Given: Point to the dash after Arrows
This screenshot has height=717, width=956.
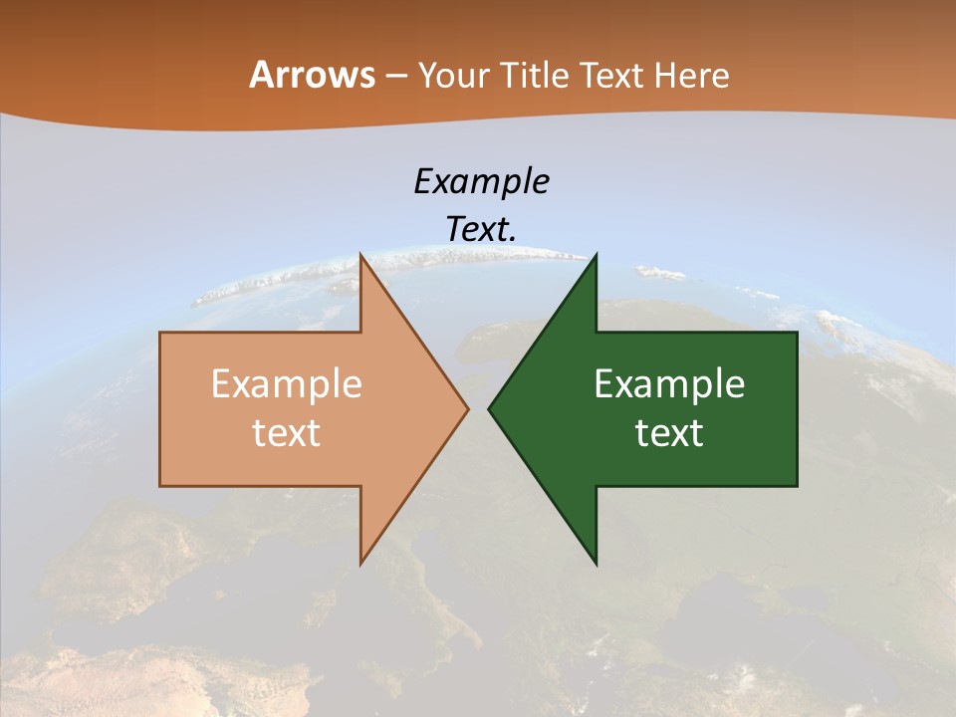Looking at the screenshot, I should coord(395,77).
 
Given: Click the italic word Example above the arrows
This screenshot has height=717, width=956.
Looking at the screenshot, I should coord(481,181).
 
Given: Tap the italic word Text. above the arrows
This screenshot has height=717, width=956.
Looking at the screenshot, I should coord(481,229).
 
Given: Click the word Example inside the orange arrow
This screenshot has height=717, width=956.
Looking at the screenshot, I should coord(286,384).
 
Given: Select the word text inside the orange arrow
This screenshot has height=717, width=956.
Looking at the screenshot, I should coord(286,433).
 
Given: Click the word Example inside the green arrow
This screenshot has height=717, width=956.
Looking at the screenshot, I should coord(669,384).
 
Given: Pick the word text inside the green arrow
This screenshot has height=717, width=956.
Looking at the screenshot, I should coord(669,433).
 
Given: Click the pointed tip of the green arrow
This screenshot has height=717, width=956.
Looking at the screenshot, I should coord(490,408).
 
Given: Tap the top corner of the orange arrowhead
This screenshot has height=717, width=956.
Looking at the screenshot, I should coord(361,256).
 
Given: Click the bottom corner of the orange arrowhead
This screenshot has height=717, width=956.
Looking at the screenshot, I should coord(361,563).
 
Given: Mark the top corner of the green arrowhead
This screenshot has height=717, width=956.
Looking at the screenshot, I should coord(596,256).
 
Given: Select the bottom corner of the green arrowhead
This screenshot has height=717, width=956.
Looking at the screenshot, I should coord(596,563).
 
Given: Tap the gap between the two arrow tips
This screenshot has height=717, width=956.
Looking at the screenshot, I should coord(478,408).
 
